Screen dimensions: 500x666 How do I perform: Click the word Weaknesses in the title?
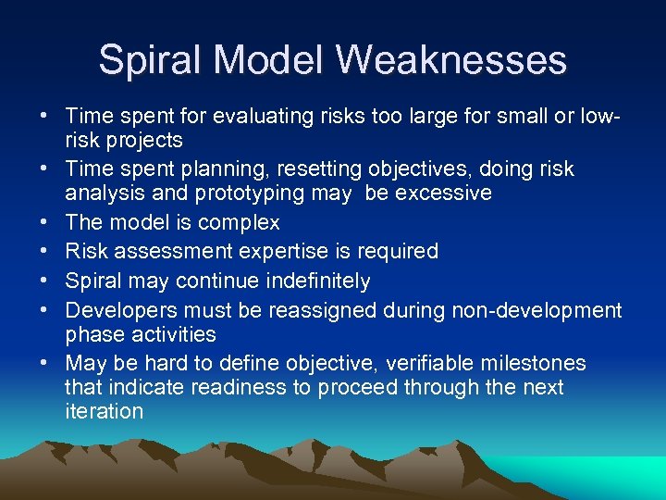[450, 60]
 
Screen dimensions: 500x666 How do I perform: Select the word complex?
[238, 223]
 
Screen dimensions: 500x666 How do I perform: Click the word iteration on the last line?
[105, 411]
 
